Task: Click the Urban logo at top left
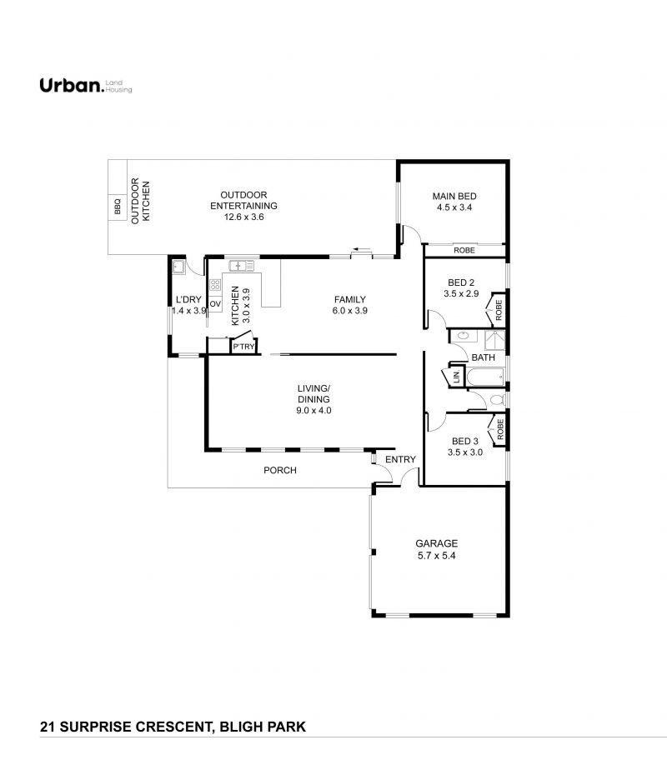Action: [86, 85]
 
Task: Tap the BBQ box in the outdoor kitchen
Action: [117, 206]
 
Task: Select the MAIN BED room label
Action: [454, 197]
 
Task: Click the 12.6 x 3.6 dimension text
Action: [243, 217]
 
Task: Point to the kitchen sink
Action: [241, 266]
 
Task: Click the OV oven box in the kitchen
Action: [215, 304]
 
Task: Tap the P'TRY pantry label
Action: [243, 347]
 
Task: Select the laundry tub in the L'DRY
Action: [178, 267]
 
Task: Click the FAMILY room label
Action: [349, 299]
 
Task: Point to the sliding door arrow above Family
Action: [361, 249]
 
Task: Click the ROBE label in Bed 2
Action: [499, 310]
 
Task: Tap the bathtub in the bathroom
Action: [485, 376]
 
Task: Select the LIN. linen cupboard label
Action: [456, 376]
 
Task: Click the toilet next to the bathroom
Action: [497, 400]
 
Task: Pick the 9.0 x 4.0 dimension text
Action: [313, 411]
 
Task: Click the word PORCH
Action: [280, 470]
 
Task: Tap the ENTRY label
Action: [400, 459]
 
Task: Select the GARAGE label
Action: [436, 544]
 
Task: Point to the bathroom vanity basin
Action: [462, 335]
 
